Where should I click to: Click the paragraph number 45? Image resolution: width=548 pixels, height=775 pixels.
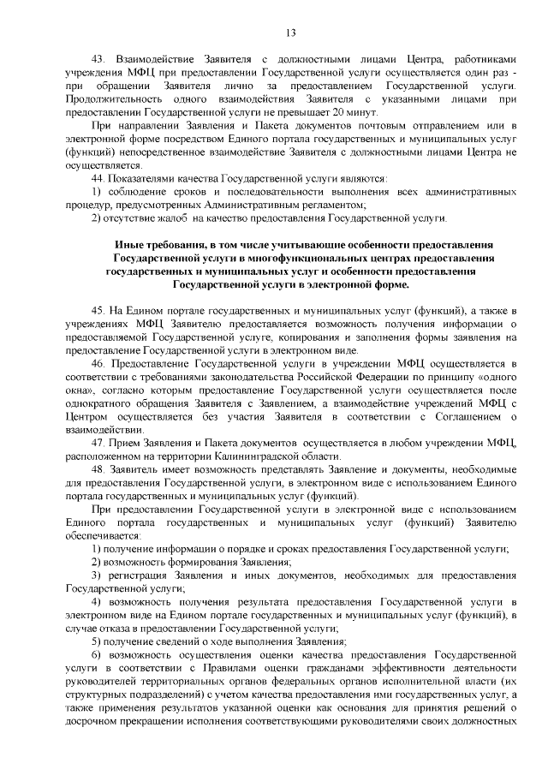click(97, 307)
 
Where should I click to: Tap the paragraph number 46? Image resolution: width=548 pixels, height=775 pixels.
click(97, 363)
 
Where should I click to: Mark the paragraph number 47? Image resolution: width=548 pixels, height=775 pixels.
click(97, 443)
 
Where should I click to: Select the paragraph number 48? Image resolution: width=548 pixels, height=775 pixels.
click(97, 470)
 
